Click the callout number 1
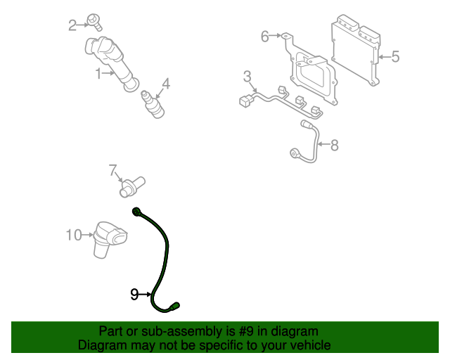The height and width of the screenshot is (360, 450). [x=99, y=72]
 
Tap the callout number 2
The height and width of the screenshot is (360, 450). [x=72, y=26]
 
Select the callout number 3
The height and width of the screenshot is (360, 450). [x=247, y=76]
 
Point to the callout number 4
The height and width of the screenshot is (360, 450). [x=166, y=84]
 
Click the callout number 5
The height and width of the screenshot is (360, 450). [x=394, y=56]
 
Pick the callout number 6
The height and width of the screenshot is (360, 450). [x=265, y=36]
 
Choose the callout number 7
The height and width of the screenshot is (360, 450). [x=112, y=169]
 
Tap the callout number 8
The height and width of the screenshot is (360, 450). [x=334, y=146]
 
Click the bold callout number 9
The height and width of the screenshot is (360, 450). [x=134, y=295]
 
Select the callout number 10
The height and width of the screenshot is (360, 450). [x=74, y=235]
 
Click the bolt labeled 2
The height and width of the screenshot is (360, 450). [x=94, y=20]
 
